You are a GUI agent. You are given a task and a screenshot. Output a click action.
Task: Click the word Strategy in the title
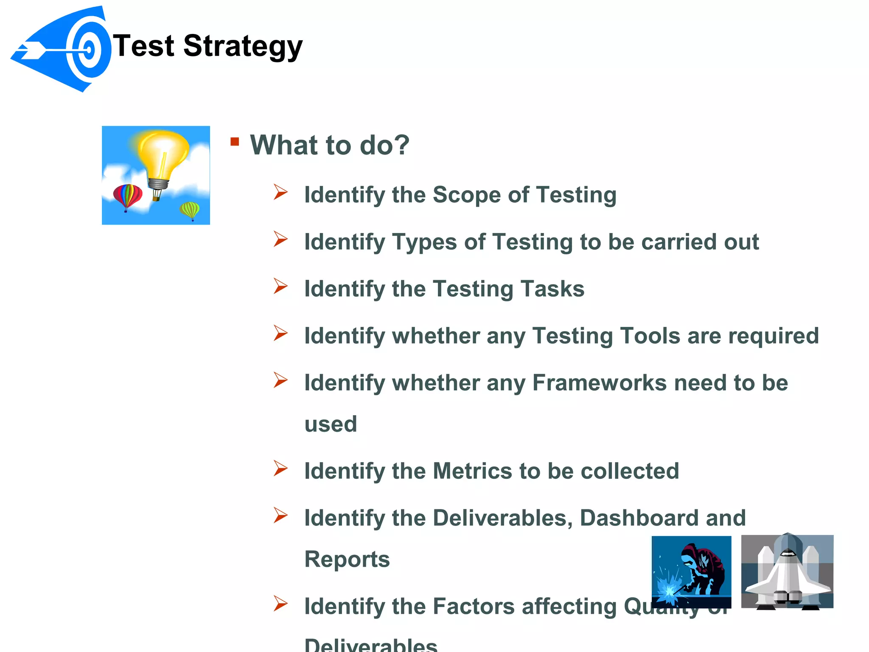(243, 46)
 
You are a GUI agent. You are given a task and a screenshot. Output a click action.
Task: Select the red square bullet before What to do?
(235, 142)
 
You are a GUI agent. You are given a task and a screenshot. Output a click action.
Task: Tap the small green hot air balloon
(190, 210)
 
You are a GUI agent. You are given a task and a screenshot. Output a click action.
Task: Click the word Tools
(650, 336)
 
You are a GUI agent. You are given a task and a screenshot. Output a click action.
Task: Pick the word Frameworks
(600, 383)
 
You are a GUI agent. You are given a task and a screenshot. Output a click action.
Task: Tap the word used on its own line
(331, 424)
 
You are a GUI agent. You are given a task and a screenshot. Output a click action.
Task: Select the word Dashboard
(639, 518)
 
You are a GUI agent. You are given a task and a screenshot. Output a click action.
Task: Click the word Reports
(347, 559)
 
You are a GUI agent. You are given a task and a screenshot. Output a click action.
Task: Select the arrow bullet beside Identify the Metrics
(280, 469)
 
